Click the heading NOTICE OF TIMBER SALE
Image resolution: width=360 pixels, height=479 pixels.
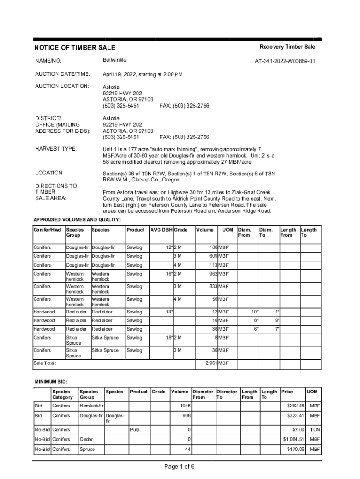(x=74, y=48)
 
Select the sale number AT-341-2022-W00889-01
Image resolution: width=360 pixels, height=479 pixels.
(x=285, y=61)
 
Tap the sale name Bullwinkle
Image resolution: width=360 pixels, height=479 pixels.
(x=115, y=60)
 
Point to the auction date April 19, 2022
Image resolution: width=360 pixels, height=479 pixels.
(x=126, y=74)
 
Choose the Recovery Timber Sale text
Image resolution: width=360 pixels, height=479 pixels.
(x=288, y=47)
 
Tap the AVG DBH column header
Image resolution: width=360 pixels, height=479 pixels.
(x=161, y=230)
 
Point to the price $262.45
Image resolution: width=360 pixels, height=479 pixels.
(x=295, y=406)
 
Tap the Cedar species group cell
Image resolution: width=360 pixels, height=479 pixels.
(x=86, y=439)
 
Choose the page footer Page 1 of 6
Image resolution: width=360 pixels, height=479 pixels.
(x=180, y=466)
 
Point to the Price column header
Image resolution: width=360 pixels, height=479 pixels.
(x=287, y=392)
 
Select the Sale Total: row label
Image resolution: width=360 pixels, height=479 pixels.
(x=45, y=363)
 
